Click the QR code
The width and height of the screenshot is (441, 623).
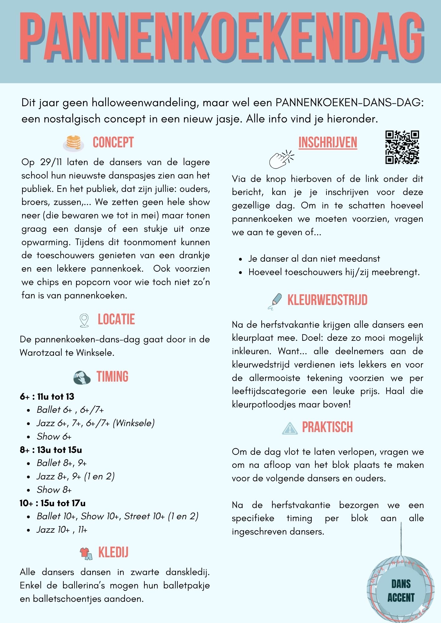[x=402, y=147]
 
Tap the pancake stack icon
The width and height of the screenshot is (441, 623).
[x=74, y=143]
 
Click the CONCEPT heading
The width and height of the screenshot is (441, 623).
[x=113, y=142]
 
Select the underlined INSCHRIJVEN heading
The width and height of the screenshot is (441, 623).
[x=327, y=142]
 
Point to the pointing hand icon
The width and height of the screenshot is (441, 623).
[x=281, y=159]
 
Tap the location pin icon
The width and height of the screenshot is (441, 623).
[x=84, y=320]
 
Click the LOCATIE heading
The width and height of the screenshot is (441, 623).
[x=116, y=320]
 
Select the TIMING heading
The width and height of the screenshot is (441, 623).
[x=112, y=377]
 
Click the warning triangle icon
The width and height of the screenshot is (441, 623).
[x=290, y=428]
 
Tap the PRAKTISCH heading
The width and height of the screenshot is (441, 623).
[x=327, y=427]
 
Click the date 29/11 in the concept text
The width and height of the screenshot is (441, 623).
[x=51, y=162]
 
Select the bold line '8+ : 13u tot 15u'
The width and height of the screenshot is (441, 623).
[x=51, y=450]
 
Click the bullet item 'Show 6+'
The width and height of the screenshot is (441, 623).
[x=54, y=436]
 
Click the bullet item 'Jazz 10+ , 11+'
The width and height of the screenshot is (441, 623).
[x=62, y=530]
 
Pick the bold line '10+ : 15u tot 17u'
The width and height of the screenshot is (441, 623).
[x=52, y=503]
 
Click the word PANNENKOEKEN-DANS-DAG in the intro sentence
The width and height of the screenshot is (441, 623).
[x=350, y=102]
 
